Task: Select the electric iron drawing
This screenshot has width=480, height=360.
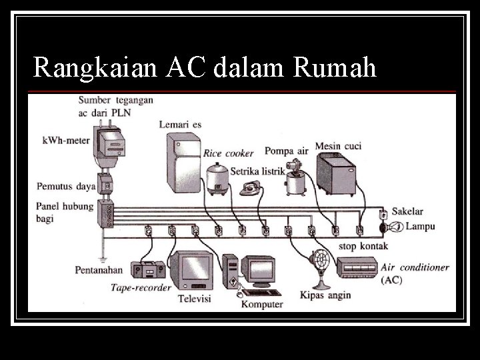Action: click(x=253, y=187)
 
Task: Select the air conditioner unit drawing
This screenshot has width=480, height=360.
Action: click(x=355, y=268)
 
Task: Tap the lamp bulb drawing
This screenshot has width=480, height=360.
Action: click(x=395, y=227)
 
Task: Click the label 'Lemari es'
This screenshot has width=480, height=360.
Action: click(x=180, y=124)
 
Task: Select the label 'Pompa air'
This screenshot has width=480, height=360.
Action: click(x=286, y=150)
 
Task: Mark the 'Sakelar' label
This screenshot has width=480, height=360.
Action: click(x=407, y=211)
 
